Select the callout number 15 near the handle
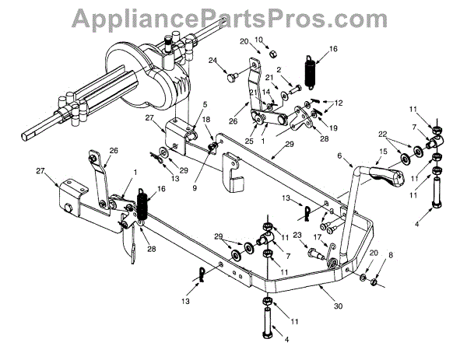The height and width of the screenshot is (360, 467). point(384,152)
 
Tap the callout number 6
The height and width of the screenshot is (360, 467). point(340,156)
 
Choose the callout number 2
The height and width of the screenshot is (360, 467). point(278,70)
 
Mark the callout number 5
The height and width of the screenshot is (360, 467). point(205,105)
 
